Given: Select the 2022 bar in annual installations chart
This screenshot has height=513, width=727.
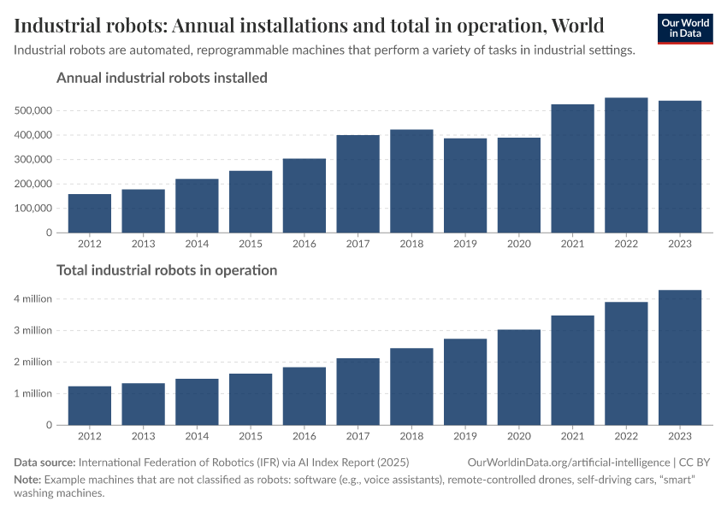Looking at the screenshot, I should pyautogui.click(x=626, y=165).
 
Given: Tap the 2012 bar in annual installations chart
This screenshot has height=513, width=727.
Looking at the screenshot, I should pyautogui.click(x=90, y=213).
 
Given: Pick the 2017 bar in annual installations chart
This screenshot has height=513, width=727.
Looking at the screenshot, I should pyautogui.click(x=358, y=184).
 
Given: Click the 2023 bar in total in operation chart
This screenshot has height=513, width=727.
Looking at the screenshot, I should pyautogui.click(x=680, y=357).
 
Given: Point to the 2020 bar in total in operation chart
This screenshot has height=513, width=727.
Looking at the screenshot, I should pyautogui.click(x=519, y=377).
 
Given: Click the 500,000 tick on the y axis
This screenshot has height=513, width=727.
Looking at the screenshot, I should pyautogui.click(x=34, y=110).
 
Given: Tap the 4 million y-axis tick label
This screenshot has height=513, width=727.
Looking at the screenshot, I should pyautogui.click(x=32, y=299).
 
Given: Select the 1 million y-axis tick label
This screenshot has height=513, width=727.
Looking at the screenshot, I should pyautogui.click(x=32, y=393).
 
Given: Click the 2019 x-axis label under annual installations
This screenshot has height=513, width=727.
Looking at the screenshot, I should pyautogui.click(x=465, y=243).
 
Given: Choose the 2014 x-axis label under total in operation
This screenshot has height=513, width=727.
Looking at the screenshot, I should pyautogui.click(x=197, y=435).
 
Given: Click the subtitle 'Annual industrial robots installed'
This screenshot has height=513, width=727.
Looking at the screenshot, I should pyautogui.click(x=162, y=78).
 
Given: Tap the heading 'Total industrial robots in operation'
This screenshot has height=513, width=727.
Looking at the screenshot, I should pyautogui.click(x=167, y=270).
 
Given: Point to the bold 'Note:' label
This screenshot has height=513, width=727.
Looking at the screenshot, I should pyautogui.click(x=27, y=480).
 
